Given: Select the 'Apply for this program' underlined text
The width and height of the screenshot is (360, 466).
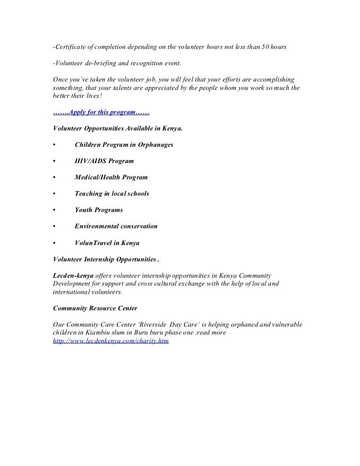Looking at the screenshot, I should [x=101, y=112].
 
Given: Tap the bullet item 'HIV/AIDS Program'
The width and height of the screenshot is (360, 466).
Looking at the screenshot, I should [x=104, y=161].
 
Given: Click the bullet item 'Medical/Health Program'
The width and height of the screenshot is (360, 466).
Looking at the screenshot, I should [x=111, y=177].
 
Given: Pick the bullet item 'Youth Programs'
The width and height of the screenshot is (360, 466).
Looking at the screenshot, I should [x=98, y=210].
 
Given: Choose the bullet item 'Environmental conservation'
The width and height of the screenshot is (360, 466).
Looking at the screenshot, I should [x=116, y=226].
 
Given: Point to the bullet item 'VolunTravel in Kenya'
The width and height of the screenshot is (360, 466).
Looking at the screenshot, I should [x=107, y=243].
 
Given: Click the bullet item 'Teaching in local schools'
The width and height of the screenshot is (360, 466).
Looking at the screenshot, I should [x=111, y=194].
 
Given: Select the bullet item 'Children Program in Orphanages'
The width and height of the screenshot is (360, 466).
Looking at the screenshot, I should [x=124, y=145].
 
